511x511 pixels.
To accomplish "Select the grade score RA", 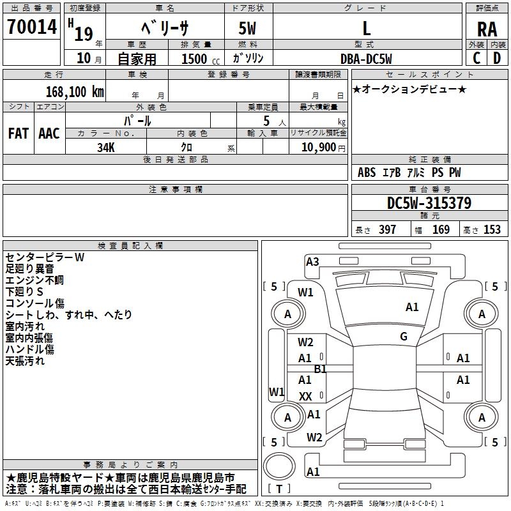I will pyautogui.click(x=487, y=28).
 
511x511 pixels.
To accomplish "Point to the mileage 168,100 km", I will pyautogui.click(x=75, y=91).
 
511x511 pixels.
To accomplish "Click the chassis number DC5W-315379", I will pyautogui.click(x=429, y=203).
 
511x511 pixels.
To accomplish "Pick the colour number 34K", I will pyautogui.click(x=106, y=146).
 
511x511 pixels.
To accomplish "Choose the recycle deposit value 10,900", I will pyautogui.click(x=317, y=147).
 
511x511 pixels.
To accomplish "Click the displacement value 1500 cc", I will pyautogui.click(x=195, y=59).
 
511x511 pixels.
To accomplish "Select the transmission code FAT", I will pyautogui.click(x=19, y=133).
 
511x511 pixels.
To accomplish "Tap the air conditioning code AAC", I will pyautogui.click(x=49, y=133).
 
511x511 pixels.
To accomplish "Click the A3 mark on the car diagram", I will pyautogui.click(x=312, y=261).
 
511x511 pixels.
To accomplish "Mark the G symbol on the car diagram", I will pyautogui.click(x=404, y=337).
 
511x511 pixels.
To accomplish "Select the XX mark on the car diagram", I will pyautogui.click(x=305, y=397).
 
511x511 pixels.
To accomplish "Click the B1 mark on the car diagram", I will pyautogui.click(x=320, y=369).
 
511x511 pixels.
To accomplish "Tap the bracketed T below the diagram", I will pyautogui.click(x=279, y=489).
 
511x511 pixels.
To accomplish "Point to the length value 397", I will pyautogui.click(x=387, y=229).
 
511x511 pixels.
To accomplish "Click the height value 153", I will pyautogui.click(x=492, y=229).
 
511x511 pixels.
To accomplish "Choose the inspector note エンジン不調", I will pyautogui.click(x=34, y=280).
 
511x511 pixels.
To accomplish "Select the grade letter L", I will pyautogui.click(x=367, y=28).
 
